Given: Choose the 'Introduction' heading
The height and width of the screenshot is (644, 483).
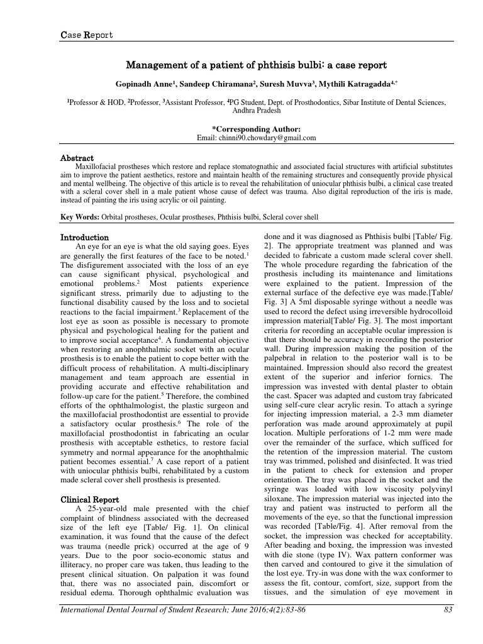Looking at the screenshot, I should (x=84, y=238).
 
